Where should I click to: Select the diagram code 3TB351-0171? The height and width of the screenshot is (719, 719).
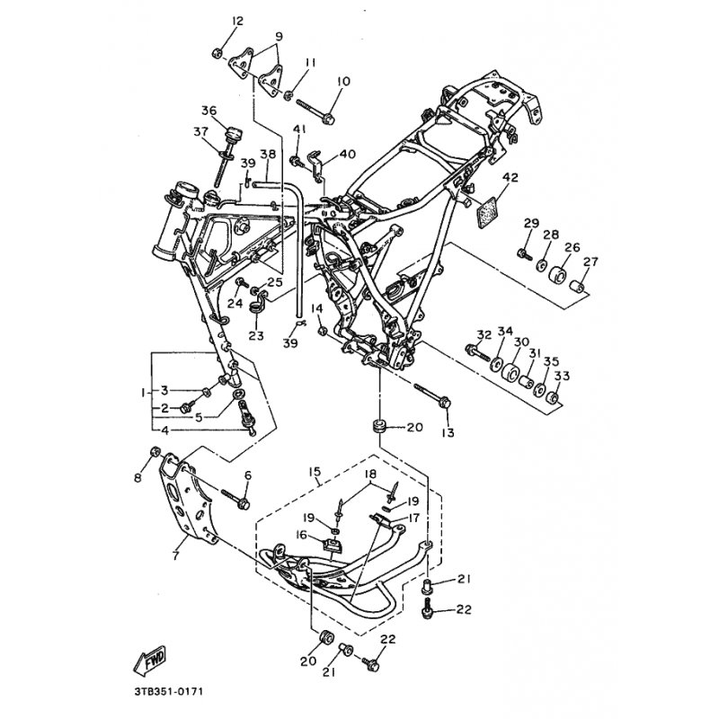(164, 691)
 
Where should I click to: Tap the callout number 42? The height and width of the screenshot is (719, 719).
(510, 177)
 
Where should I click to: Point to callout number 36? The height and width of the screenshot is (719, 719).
(209, 111)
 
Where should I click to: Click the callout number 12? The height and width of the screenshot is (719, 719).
(237, 21)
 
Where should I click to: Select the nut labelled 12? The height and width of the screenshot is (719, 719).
(217, 53)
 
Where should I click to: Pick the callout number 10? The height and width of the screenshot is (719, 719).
(343, 81)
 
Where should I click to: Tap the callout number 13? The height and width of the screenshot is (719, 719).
(448, 432)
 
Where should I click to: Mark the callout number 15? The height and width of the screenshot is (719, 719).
(315, 472)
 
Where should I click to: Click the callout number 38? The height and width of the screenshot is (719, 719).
(268, 154)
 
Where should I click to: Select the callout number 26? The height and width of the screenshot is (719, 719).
(573, 248)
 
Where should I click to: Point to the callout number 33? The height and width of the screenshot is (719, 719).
(563, 376)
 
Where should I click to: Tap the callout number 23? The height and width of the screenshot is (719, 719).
(256, 335)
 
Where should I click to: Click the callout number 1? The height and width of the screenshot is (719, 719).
(143, 393)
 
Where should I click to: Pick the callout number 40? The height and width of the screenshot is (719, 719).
(347, 154)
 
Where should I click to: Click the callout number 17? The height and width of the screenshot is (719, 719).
(413, 518)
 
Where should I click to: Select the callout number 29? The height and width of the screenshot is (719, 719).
(531, 224)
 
